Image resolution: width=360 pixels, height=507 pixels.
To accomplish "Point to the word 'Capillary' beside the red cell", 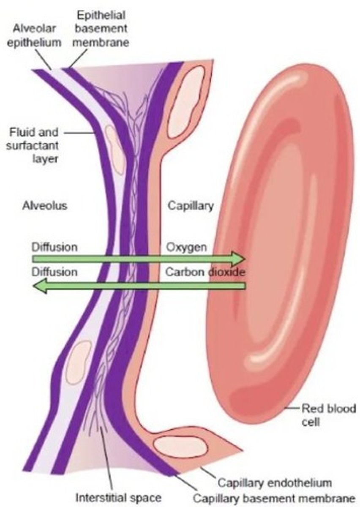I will point(191,206).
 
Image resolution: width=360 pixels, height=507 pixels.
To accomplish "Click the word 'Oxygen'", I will point(186,247).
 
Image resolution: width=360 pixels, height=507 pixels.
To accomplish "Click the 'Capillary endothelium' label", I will point(275,482).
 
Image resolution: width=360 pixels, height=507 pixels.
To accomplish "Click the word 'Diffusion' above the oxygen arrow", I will point(55,247).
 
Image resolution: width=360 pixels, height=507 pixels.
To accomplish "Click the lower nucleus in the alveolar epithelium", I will point(79,356).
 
